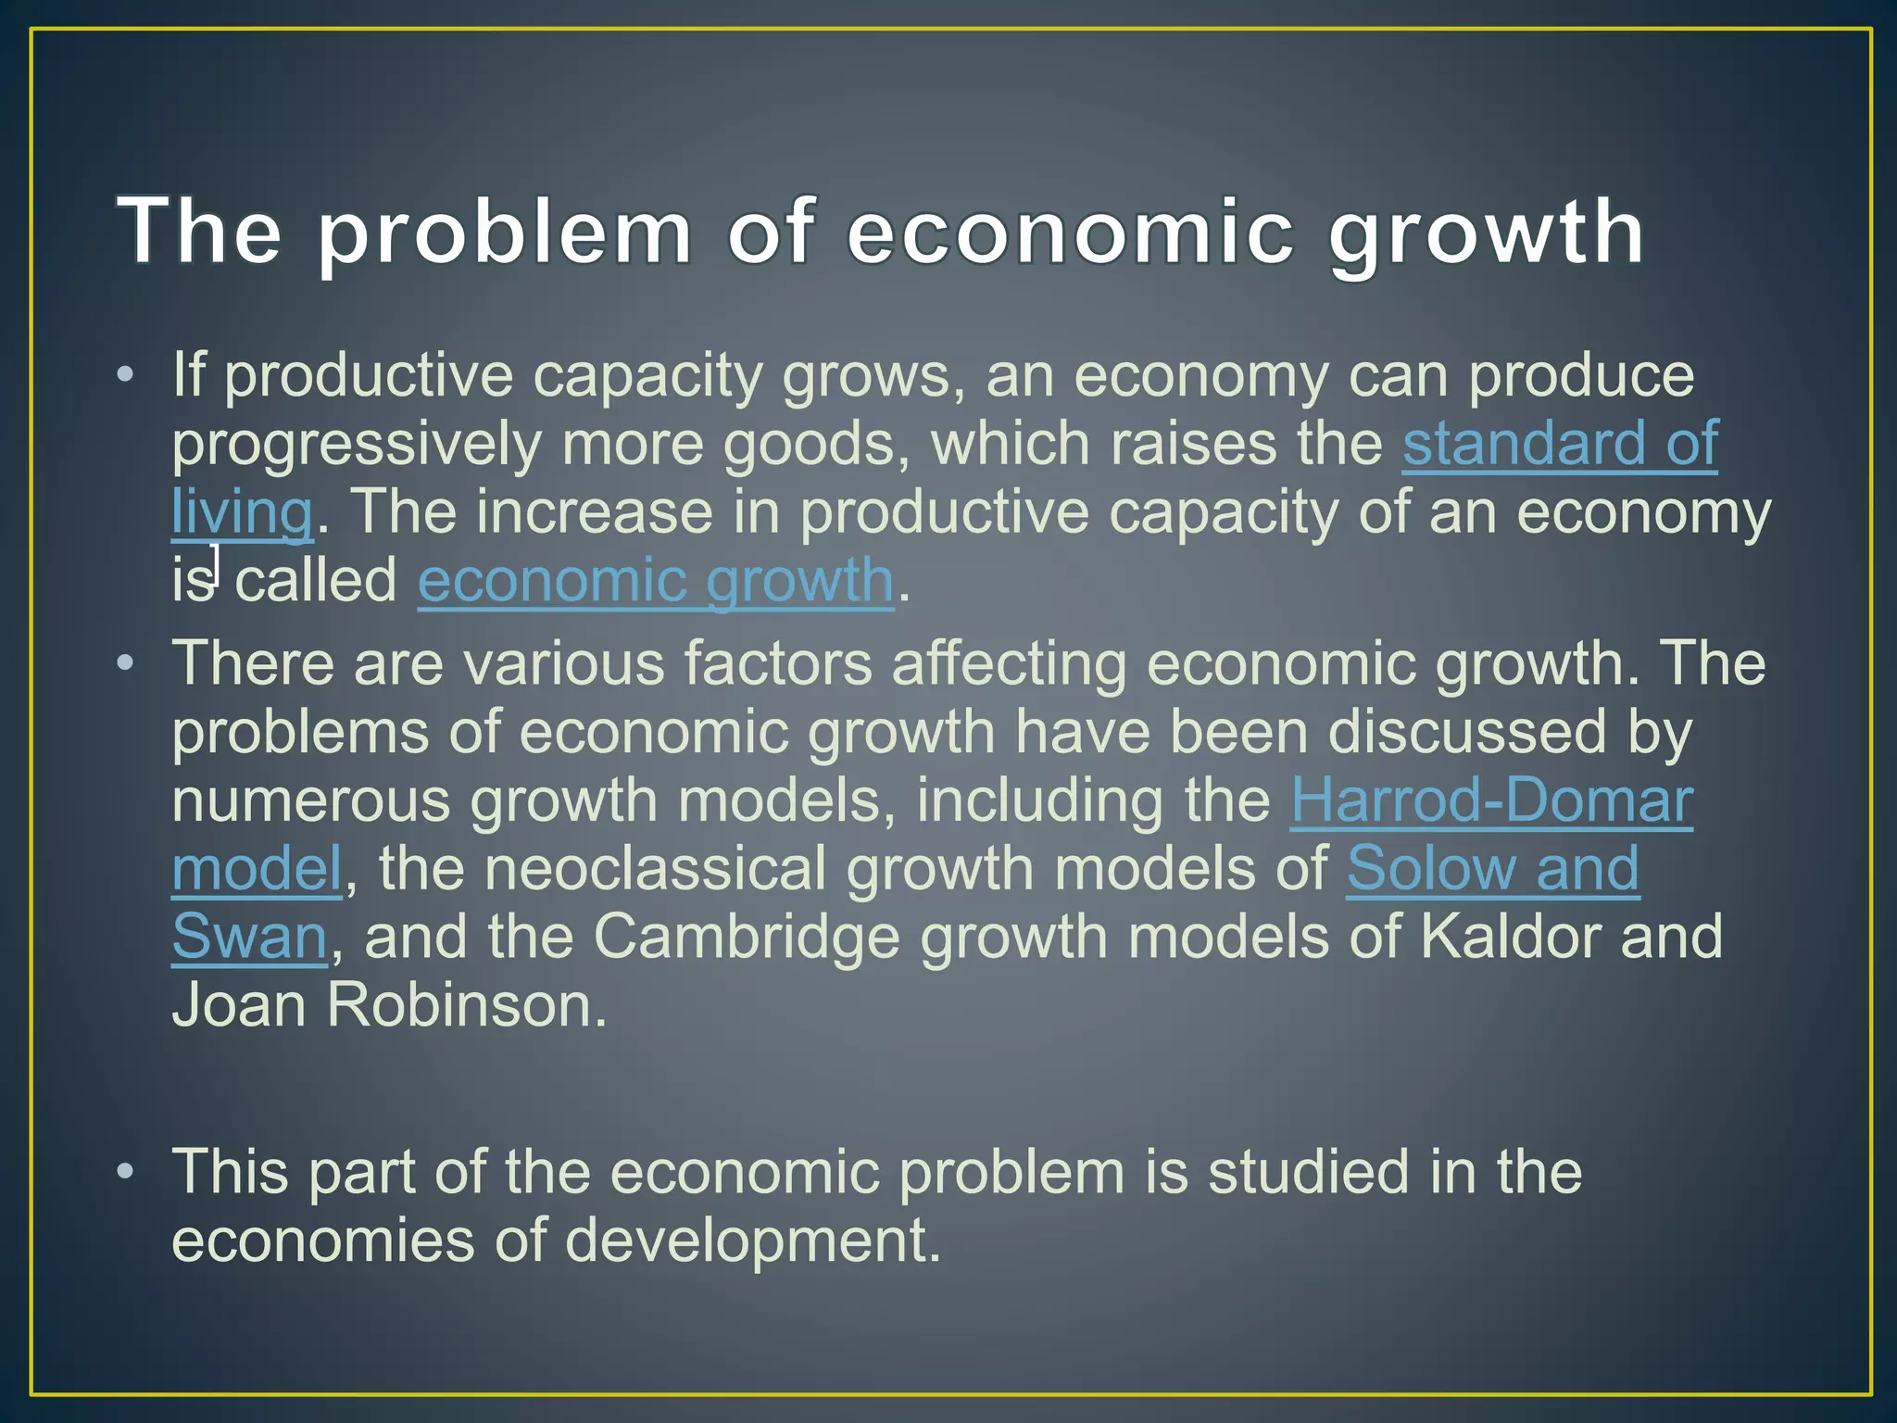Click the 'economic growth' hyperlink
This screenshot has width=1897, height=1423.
coord(656,581)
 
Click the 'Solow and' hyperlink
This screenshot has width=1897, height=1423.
coord(1492,868)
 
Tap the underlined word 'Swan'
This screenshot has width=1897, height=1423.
coord(249,937)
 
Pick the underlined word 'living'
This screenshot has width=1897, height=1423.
coord(242,511)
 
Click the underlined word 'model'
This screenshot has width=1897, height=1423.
coord(257,868)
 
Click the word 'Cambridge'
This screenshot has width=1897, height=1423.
coord(747,937)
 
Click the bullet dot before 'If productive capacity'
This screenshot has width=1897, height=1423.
coord(126,375)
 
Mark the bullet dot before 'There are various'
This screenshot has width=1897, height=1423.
coord(126,663)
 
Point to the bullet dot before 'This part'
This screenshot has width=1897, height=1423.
coord(126,1172)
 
